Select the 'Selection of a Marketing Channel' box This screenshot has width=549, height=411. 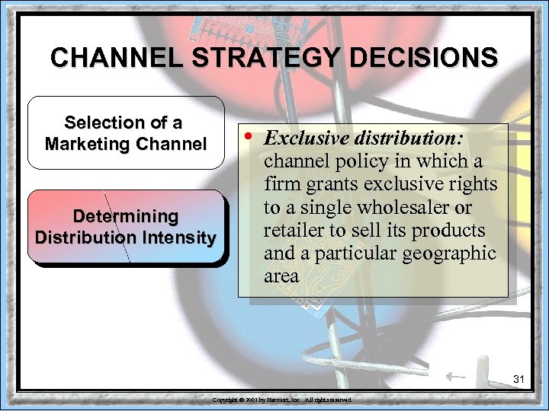click(126, 132)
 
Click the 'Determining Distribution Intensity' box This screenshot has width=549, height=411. click(126, 227)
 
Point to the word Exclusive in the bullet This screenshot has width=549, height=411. click(301, 139)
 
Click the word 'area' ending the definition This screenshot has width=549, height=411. click(281, 276)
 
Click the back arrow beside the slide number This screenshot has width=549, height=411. click(455, 375)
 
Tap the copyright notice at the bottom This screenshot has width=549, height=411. click(281, 400)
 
